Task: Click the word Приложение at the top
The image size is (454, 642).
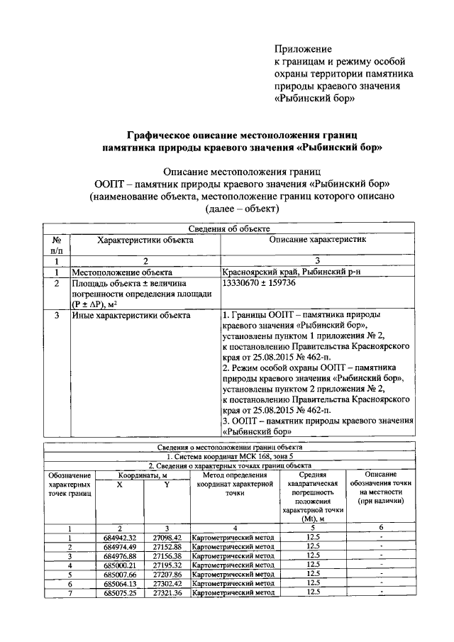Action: pos(303,49)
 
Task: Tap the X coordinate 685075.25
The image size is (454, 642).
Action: pos(119,592)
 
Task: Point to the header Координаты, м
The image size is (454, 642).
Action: pos(143,475)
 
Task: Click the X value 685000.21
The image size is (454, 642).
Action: pos(119,565)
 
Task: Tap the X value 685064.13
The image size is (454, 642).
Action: pos(119,583)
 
